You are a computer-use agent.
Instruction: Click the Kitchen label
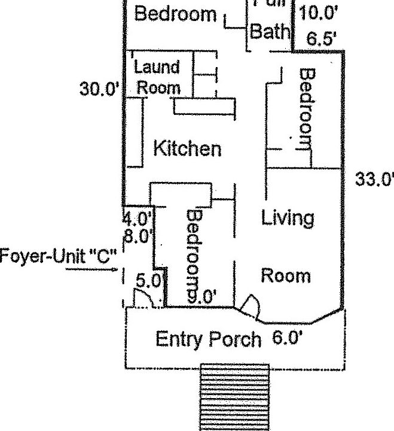point(187,148)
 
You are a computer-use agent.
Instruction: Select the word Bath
point(269,31)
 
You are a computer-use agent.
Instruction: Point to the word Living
point(288,218)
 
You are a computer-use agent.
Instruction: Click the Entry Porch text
point(208,339)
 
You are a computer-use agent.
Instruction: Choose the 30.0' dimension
point(100,89)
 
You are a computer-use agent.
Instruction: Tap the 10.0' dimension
point(318,13)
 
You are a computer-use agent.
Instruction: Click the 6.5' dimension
point(321,40)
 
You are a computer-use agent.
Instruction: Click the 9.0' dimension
point(201,295)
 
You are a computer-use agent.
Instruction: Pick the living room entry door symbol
point(250,306)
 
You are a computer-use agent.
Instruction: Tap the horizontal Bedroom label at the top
point(175,14)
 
